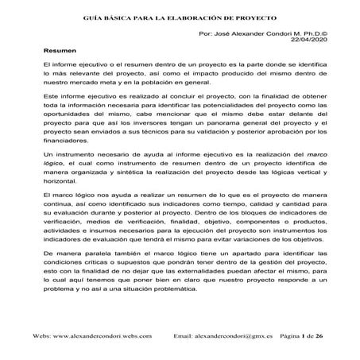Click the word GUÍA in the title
[94, 17]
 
